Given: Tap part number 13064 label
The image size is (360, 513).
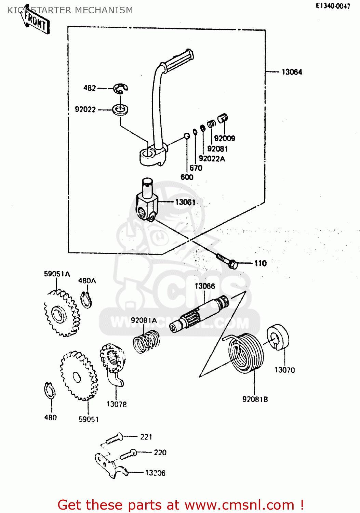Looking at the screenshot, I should tap(292, 72).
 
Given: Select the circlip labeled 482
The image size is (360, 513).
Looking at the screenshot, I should tap(121, 88).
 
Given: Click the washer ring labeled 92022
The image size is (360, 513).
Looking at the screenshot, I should tap(120, 110).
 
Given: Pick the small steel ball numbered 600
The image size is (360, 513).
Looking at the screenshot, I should tap(187, 136).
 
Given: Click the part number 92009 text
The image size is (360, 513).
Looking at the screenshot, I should tap(225, 139).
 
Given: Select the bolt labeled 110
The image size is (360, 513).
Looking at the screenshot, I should tap(227, 261).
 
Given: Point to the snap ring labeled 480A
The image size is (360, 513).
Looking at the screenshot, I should tap(86, 300).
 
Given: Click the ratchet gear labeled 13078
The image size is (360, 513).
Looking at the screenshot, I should tap(112, 363).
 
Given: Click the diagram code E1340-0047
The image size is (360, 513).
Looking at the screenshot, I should tap(333, 6).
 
